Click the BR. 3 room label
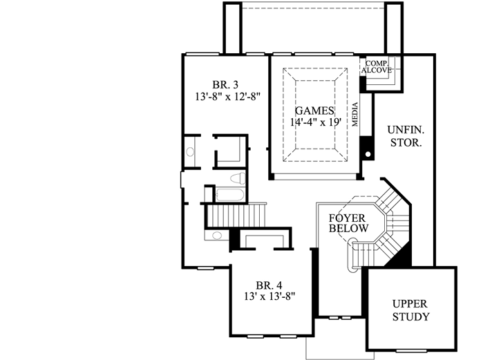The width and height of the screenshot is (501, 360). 225,78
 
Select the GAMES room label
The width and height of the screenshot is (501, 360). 314,111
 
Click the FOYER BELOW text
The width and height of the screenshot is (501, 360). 348,222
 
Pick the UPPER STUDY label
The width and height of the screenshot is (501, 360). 410,310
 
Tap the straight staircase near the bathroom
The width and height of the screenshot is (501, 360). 236,214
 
